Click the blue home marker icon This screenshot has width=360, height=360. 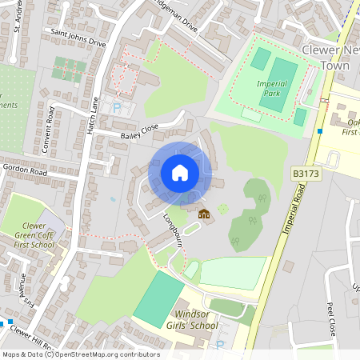[180, 172]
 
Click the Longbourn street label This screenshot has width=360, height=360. [174, 230]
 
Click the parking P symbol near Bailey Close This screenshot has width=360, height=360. [117, 108]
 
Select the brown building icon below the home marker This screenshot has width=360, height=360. [203, 214]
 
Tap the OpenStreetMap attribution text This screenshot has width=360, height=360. [80, 354]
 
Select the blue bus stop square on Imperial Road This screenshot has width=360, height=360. [319, 131]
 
